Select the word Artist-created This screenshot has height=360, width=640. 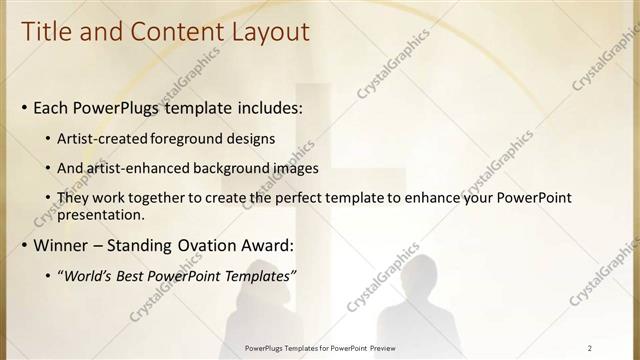(104, 139)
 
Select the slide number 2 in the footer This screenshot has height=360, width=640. (589, 348)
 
